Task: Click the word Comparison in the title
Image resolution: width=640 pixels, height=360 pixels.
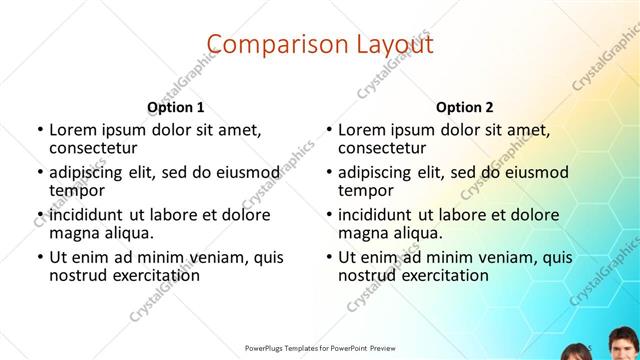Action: [268, 43]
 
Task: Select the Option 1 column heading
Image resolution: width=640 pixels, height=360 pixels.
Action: [176, 107]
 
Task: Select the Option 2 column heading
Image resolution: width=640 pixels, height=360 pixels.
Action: [465, 107]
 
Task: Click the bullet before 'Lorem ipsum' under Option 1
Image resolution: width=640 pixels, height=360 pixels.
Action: [38, 130]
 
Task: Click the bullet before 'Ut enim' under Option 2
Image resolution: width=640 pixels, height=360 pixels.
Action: [327, 256]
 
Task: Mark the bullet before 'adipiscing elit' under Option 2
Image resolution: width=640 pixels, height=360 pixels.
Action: [327, 172]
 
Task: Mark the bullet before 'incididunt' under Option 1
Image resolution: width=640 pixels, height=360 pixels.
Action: [38, 214]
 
